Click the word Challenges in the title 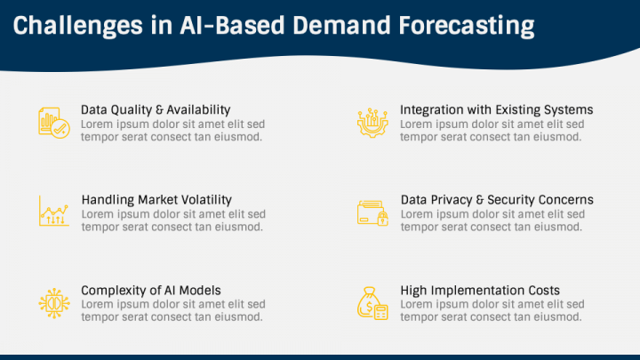[78, 26]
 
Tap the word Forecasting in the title [467, 26]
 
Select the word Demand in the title [341, 25]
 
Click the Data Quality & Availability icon [54, 123]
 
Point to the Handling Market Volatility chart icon [54, 211]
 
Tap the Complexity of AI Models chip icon [54, 303]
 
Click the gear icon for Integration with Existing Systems [372, 123]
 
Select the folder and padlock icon [372, 212]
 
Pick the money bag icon [372, 303]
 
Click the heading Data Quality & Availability [156, 110]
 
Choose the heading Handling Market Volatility [156, 200]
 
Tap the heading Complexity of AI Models [151, 291]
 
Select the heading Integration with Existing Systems [496, 110]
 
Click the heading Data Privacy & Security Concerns [497, 200]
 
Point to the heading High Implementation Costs [480, 291]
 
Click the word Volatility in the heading [206, 200]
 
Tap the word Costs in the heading [544, 291]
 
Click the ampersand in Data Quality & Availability [159, 110]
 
